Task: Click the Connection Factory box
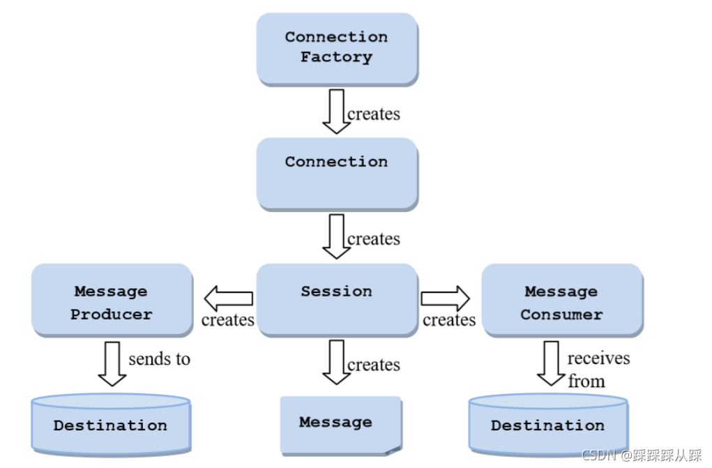click(337, 49)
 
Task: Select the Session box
click(337, 300)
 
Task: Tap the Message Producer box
click(112, 300)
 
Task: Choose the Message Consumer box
click(562, 300)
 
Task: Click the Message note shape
click(341, 425)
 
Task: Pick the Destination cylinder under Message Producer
click(111, 425)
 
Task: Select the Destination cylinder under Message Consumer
click(549, 425)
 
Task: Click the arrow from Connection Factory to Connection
click(337, 112)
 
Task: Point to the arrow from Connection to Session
click(337, 236)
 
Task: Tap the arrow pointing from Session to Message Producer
click(229, 299)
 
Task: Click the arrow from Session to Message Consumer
click(446, 299)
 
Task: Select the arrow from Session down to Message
click(337, 362)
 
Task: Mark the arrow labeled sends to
click(112, 364)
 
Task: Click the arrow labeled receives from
click(551, 363)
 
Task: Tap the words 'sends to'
click(160, 359)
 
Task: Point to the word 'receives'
click(598, 358)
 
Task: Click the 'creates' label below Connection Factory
click(374, 114)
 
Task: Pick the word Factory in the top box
click(337, 57)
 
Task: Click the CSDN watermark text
click(642, 455)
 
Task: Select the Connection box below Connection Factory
click(337, 174)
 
